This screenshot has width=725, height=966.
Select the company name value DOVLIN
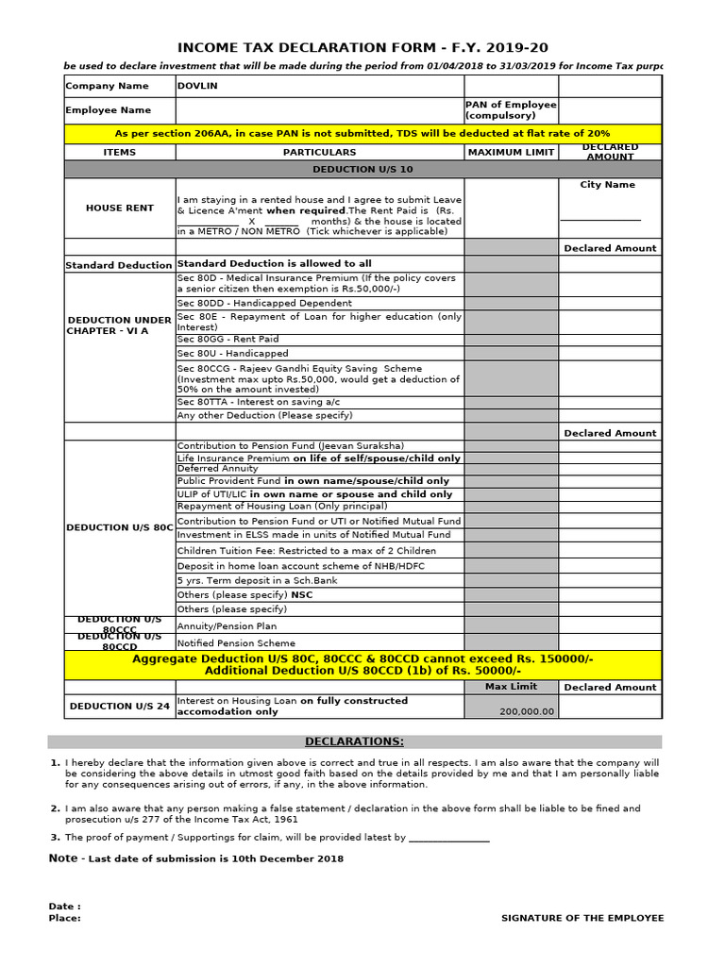196,86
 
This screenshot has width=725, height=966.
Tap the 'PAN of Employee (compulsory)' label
510,110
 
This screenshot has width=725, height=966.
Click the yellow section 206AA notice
362,134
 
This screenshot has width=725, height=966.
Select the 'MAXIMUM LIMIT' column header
510,152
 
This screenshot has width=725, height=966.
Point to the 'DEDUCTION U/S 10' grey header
362,169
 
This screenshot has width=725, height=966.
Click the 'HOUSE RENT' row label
119,208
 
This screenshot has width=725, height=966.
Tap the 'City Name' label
607,185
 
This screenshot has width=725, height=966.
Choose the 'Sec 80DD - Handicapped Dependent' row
264,304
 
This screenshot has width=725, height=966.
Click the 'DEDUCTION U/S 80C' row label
119,528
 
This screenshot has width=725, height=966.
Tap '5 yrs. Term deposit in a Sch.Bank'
257,580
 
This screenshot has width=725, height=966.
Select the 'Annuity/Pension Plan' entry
228,625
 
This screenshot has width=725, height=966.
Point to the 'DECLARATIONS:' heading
354,741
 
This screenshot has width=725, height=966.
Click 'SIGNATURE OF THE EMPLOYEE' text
582,918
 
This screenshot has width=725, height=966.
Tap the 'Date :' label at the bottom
64,907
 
